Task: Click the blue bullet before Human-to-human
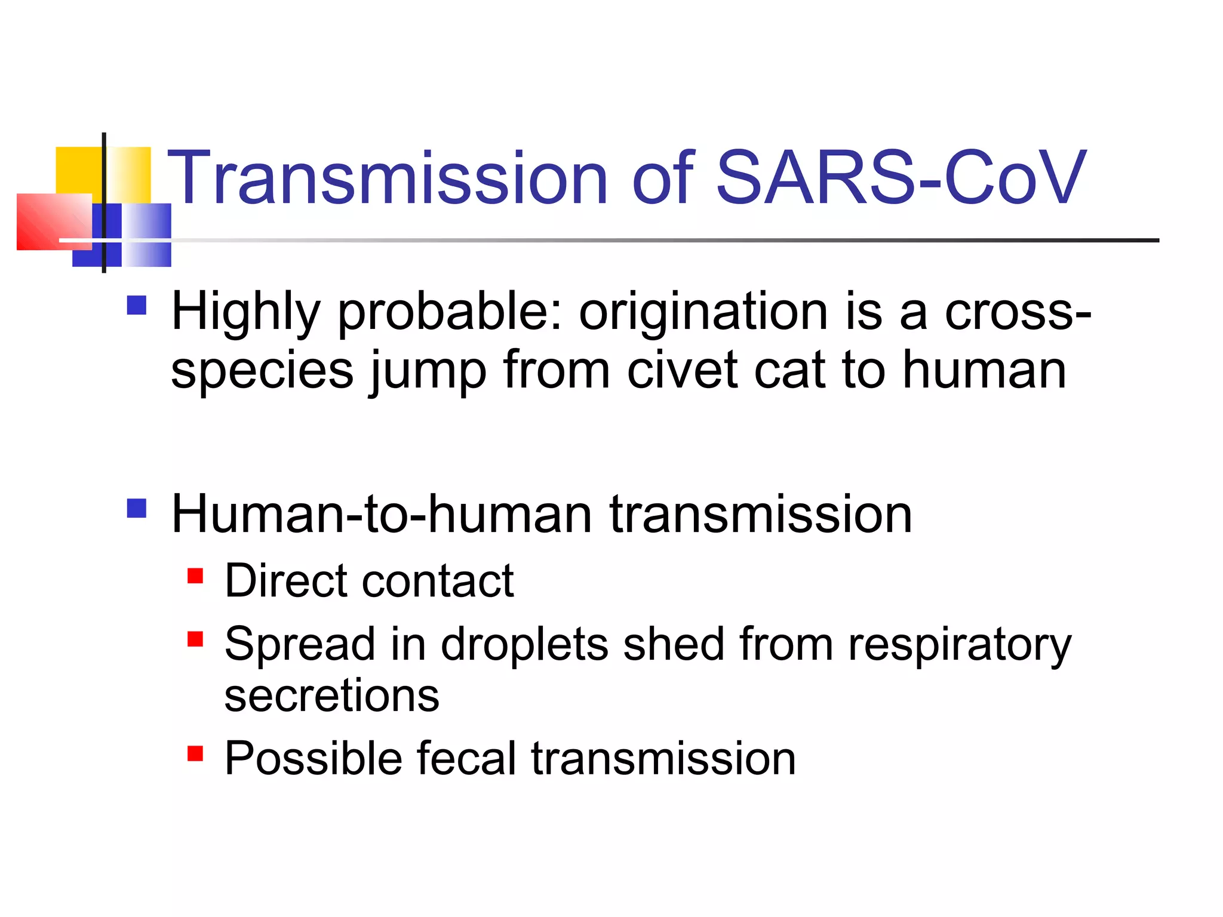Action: pos(137,508)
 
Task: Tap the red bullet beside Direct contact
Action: pos(195,576)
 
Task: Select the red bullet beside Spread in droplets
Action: pos(195,639)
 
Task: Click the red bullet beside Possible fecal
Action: pos(195,753)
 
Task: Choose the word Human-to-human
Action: pos(382,515)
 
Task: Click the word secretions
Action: pos(331,696)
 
